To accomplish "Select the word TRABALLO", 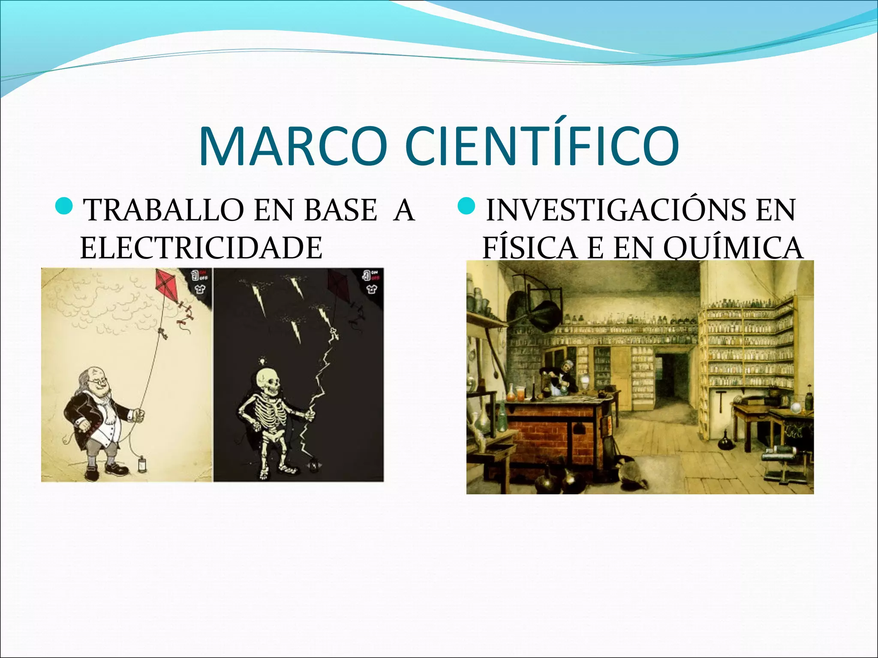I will (x=165, y=210).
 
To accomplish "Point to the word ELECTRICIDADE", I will (x=201, y=248).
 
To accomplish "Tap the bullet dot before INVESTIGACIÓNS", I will (x=466, y=206).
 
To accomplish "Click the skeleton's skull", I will (x=267, y=380).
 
